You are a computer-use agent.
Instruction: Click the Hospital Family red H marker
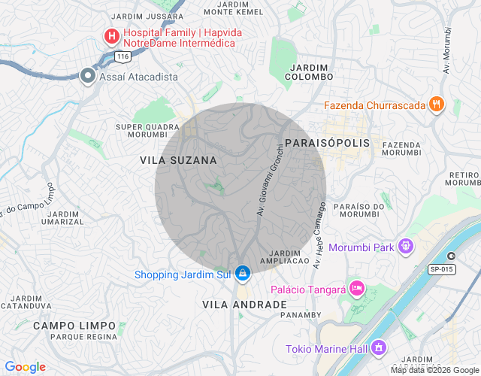coord(111,35)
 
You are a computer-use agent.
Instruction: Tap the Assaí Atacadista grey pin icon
coord(88,75)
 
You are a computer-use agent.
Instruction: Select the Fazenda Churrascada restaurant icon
coord(437,105)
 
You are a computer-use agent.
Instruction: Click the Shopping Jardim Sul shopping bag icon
coord(242,273)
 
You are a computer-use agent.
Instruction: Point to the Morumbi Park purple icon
coord(405,245)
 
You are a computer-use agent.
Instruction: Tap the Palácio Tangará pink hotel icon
coord(357,288)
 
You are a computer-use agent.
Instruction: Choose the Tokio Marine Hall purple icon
coord(378,347)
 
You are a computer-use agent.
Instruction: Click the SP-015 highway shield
coord(442,269)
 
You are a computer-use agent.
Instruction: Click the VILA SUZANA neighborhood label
coord(178,160)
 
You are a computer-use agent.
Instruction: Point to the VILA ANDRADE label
coord(244,305)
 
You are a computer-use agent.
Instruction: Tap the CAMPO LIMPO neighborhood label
coord(74,326)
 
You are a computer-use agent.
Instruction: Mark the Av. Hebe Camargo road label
coord(319,235)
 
